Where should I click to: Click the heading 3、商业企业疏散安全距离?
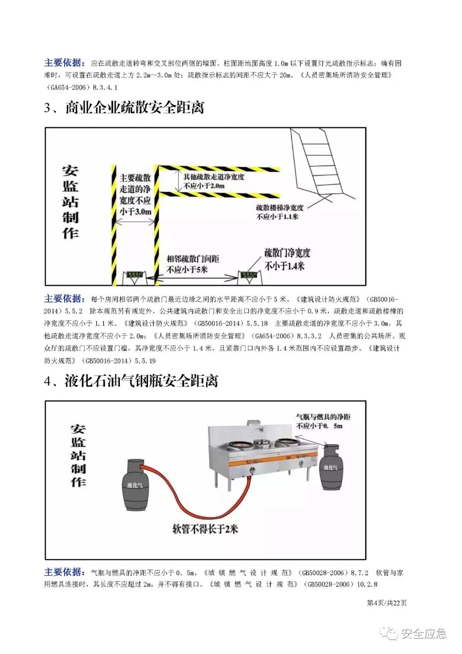pyautogui.click(x=124, y=108)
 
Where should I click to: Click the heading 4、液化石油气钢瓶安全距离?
pyautogui.click(x=131, y=381)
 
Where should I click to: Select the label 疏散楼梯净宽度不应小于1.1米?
pyautogui.click(x=280, y=212)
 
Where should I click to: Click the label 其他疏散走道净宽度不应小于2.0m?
pyautogui.click(x=213, y=181)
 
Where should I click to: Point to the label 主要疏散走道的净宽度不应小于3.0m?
pyautogui.click(x=135, y=194)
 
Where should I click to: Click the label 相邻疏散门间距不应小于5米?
pyautogui.click(x=192, y=264)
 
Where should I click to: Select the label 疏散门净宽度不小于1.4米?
pyautogui.click(x=287, y=260)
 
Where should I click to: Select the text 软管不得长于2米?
pyautogui.click(x=205, y=529)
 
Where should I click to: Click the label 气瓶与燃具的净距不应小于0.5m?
pyautogui.click(x=323, y=421)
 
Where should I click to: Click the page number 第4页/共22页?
pyautogui.click(x=387, y=603)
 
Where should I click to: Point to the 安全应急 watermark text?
pyautogui.click(x=423, y=633)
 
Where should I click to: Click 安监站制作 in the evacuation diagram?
pyautogui.click(x=70, y=202)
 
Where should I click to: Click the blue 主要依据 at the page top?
pyautogui.click(x=65, y=63)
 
